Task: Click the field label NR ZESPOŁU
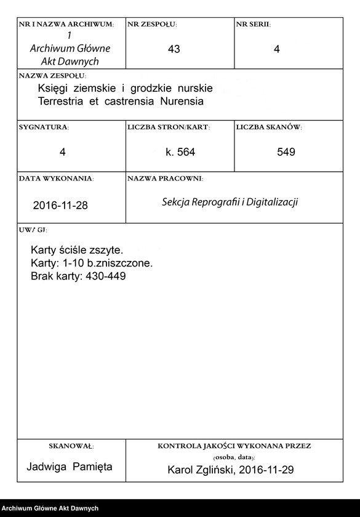pos(152,25)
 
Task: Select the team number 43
pos(174,49)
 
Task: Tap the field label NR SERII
pos(253,25)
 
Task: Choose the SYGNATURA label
pos(44,127)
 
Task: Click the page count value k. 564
pos(180,152)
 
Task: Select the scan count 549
pos(286,152)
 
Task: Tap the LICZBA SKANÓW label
pos(268,127)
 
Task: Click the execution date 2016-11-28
pos(60,206)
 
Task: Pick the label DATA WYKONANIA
pos(56,178)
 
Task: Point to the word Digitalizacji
pos(272,202)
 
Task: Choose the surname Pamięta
pos(92,467)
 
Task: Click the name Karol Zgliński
pos(203,470)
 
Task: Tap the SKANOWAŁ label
pos(71,446)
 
